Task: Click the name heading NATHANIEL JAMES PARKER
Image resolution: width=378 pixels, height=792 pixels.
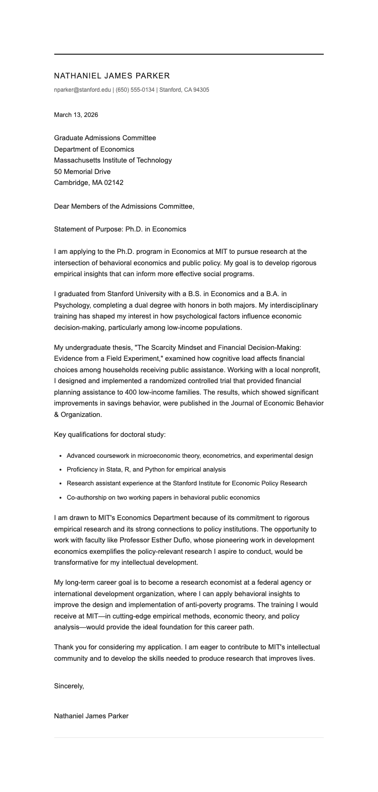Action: click(x=112, y=76)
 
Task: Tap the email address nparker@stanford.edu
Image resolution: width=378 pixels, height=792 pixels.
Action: click(x=82, y=90)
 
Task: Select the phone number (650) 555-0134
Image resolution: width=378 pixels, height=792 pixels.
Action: click(x=135, y=90)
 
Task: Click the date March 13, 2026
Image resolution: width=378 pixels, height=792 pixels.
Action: click(x=76, y=115)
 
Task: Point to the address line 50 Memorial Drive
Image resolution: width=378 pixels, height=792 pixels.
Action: click(x=82, y=172)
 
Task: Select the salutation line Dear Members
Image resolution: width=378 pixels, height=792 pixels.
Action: click(x=124, y=206)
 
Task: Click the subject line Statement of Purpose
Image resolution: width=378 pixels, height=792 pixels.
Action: click(x=120, y=229)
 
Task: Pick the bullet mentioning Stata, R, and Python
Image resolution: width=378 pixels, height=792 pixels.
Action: click(x=146, y=469)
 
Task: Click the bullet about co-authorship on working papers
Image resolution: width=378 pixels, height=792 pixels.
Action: click(x=163, y=497)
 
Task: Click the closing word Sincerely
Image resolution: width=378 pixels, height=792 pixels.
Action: click(x=69, y=686)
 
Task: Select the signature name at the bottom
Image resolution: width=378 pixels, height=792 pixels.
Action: click(x=91, y=715)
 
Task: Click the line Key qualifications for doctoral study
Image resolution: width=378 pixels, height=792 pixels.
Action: click(x=110, y=435)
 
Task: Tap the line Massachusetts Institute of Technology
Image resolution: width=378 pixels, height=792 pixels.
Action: click(x=113, y=160)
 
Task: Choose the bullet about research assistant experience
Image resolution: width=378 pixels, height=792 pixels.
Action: click(x=187, y=483)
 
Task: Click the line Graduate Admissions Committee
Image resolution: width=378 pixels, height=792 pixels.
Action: click(x=105, y=138)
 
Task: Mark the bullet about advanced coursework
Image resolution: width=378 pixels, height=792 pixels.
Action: click(x=190, y=455)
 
